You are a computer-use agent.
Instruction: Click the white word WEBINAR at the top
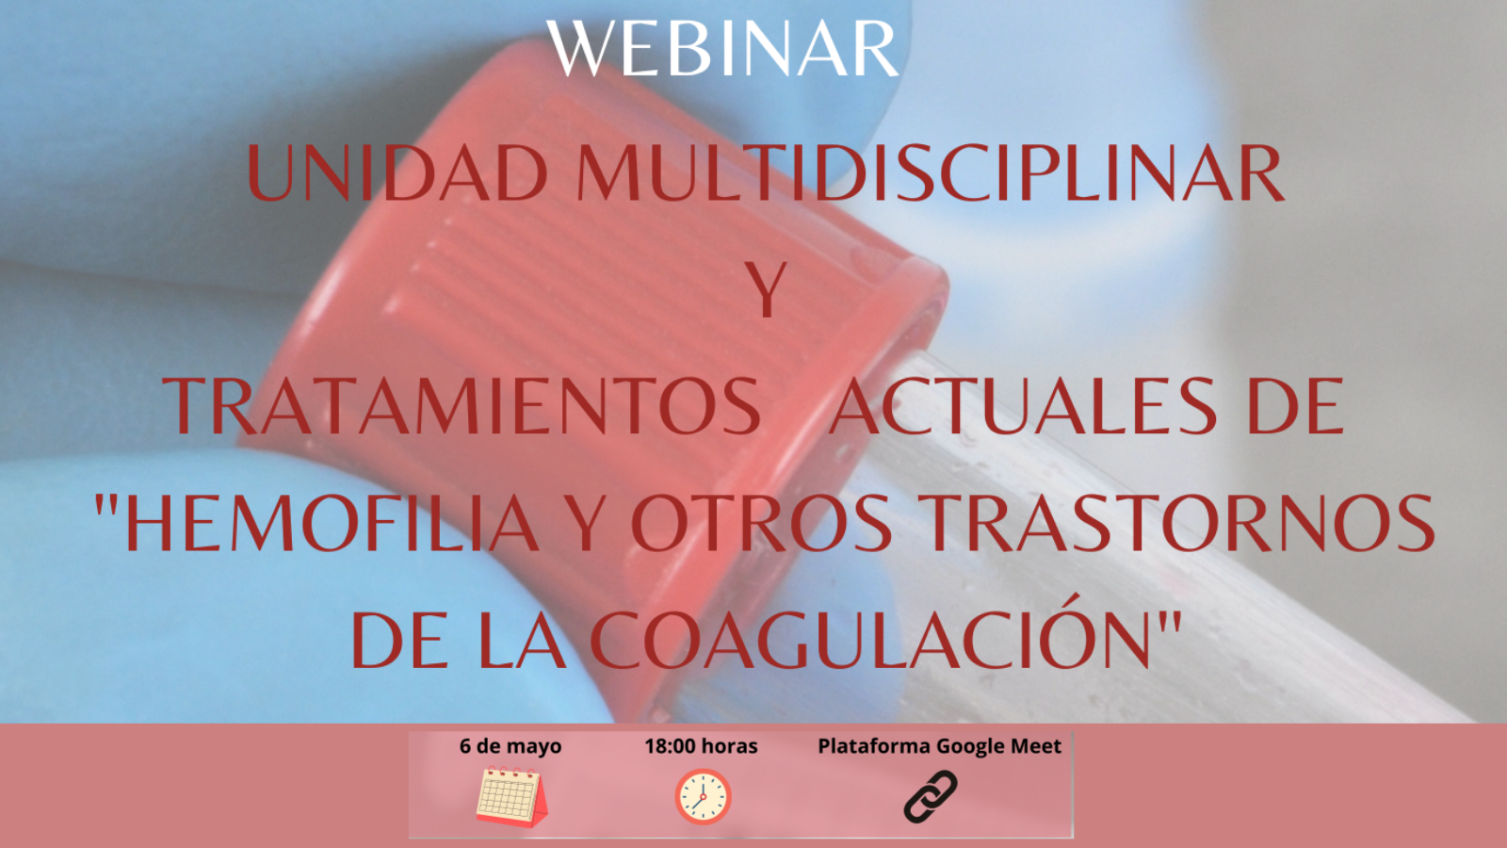point(721,48)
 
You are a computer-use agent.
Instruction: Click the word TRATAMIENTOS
point(462,406)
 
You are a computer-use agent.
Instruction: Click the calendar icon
point(512,797)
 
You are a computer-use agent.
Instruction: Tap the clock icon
point(703,797)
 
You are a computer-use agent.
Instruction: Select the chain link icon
point(931,797)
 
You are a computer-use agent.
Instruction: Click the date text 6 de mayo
point(510,746)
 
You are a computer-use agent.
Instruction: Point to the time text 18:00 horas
point(701,746)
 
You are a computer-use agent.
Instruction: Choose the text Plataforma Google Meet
point(939,746)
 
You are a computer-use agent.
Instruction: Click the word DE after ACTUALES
point(1295,406)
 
